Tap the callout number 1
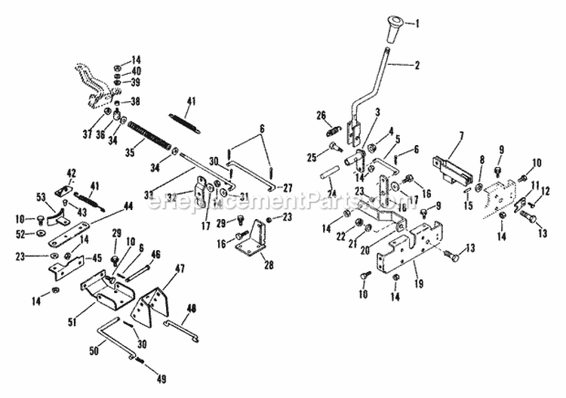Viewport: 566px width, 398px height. pos(415,23)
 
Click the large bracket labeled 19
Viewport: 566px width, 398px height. pos(404,245)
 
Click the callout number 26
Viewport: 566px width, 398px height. pos(320,115)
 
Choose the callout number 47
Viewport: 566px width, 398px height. pos(180,268)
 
